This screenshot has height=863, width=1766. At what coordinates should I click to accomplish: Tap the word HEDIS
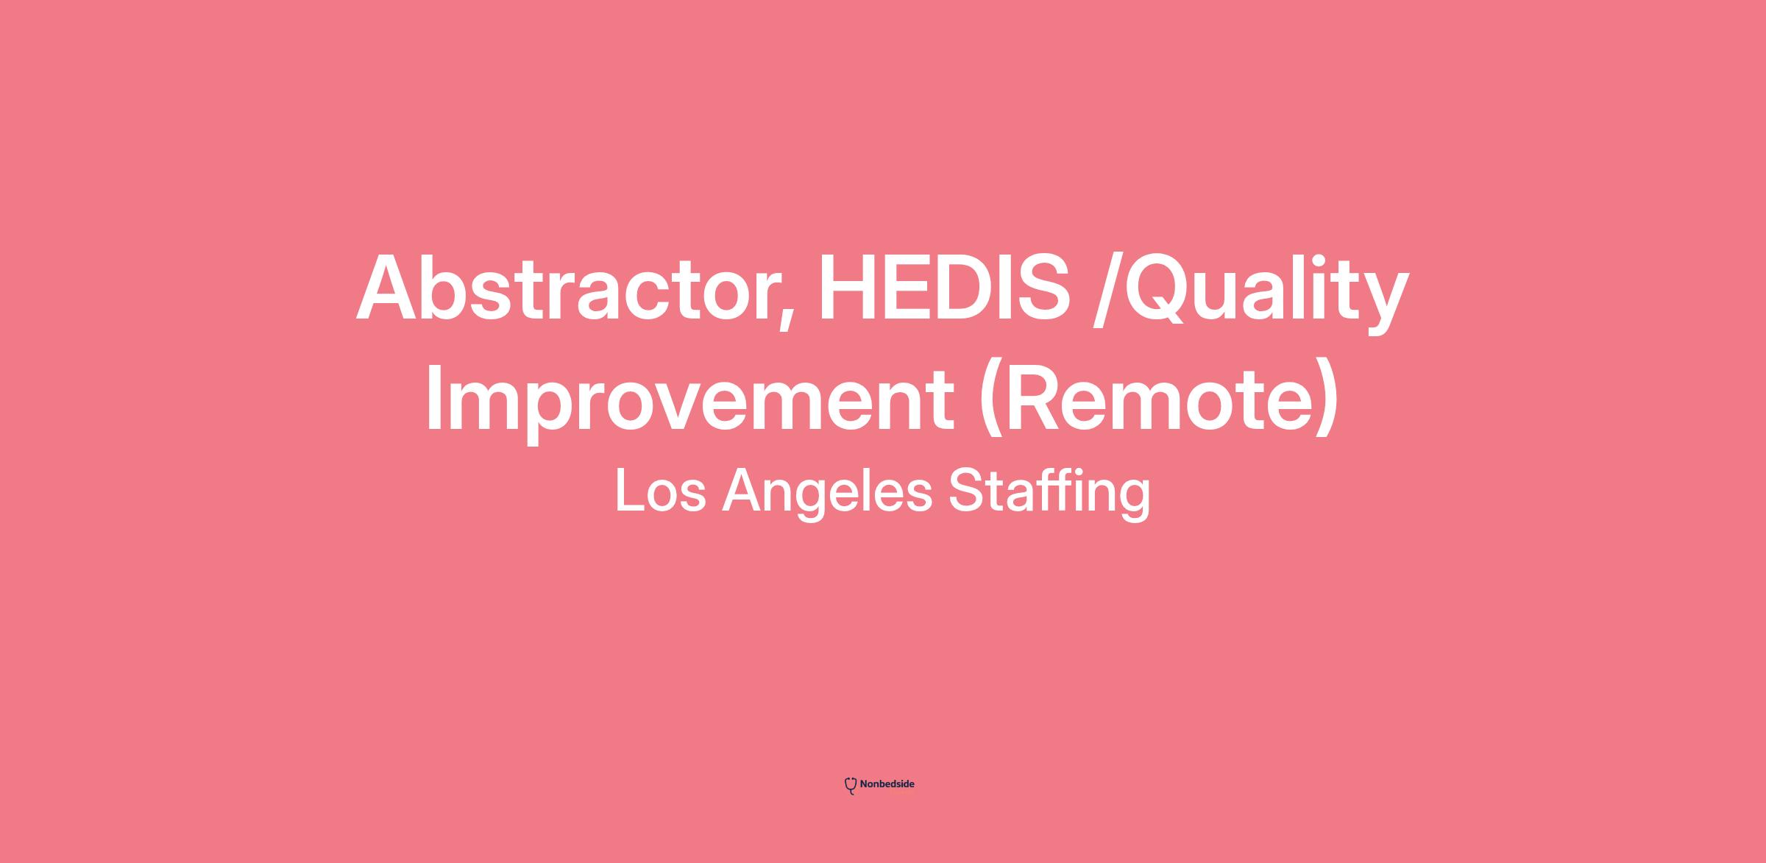[944, 288]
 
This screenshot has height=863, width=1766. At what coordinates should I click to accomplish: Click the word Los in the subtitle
[660, 491]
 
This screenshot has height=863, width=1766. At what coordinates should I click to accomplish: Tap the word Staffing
[1049, 494]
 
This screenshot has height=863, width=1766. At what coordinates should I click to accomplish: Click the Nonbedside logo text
[887, 784]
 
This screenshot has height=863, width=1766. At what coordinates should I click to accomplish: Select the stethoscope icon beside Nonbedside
[851, 786]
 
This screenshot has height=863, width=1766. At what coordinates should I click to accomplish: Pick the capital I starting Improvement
[433, 398]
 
